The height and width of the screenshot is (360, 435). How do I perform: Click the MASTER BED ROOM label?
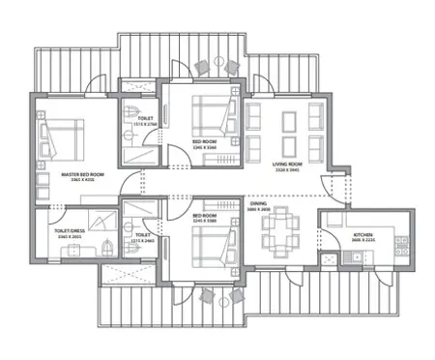coord(82,175)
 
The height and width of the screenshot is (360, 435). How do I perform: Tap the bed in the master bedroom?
coord(60,135)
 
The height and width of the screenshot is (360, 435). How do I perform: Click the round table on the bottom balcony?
coord(217,297)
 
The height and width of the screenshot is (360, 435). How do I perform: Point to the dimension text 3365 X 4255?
coord(82,181)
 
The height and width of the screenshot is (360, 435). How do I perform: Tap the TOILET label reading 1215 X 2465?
coord(143,236)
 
